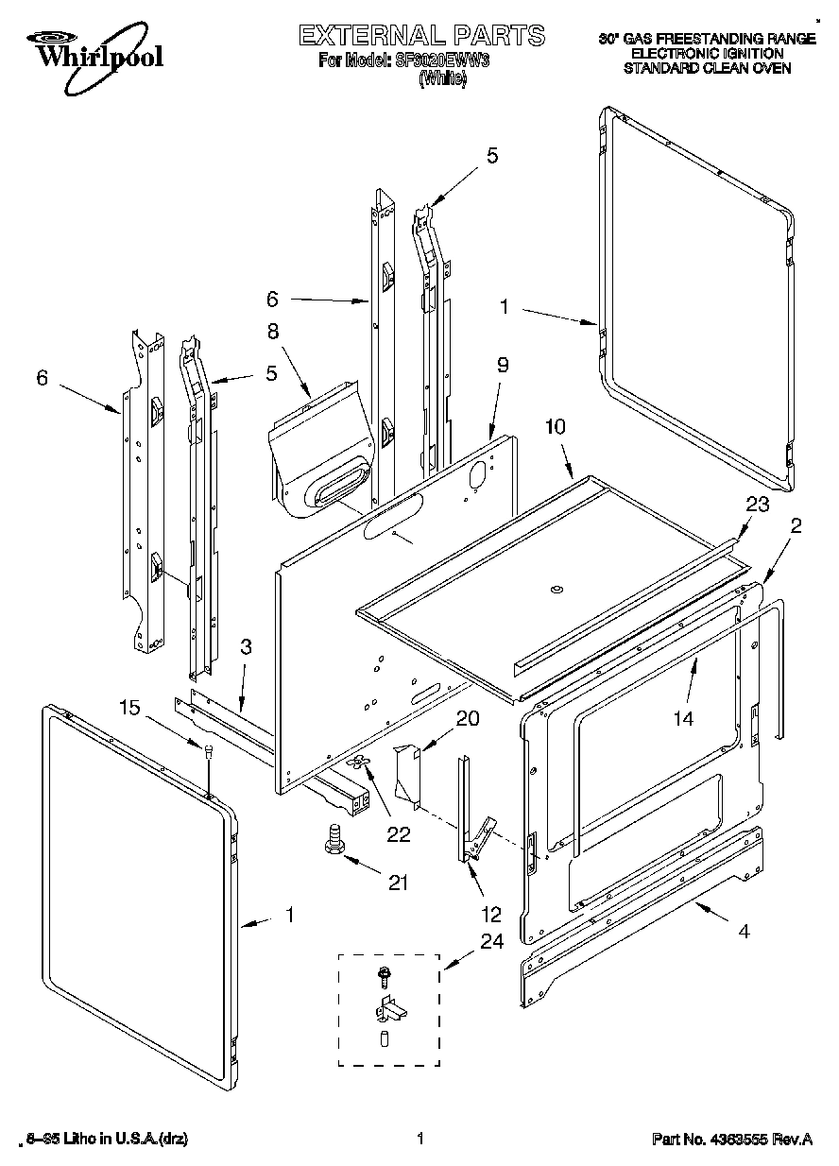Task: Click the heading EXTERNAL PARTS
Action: pos(421,36)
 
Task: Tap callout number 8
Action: pos(273,332)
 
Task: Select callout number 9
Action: pos(503,365)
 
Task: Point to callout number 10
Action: pos(555,427)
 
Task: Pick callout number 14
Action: pos(682,719)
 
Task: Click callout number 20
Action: pos(467,719)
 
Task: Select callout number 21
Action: pos(398,883)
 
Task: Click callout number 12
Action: pos(491,916)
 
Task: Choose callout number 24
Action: pos(491,941)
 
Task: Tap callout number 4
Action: pos(744,931)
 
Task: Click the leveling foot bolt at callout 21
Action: pos(333,840)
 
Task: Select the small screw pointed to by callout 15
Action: pos(207,750)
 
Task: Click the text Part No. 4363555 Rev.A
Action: pos(731,1140)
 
